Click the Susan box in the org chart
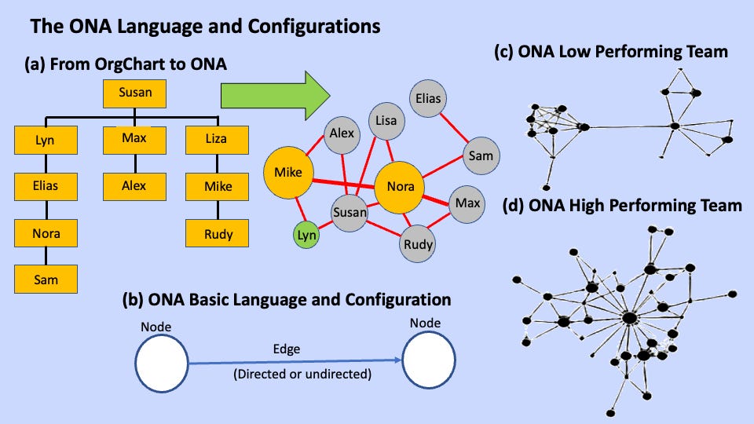pyautogui.click(x=135, y=93)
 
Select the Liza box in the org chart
pyautogui.click(x=216, y=140)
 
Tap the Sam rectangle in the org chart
pyautogui.click(x=46, y=279)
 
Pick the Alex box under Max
pyautogui.click(x=134, y=187)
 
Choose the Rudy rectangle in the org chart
pyautogui.click(x=216, y=233)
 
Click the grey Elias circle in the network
pyautogui.click(x=429, y=100)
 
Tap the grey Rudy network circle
pyautogui.click(x=419, y=244)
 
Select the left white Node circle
pyautogui.click(x=162, y=363)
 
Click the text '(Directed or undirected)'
pyautogui.click(x=302, y=375)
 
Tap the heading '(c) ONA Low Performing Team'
pyautogui.click(x=610, y=53)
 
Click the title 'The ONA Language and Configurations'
pyautogui.click(x=205, y=27)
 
